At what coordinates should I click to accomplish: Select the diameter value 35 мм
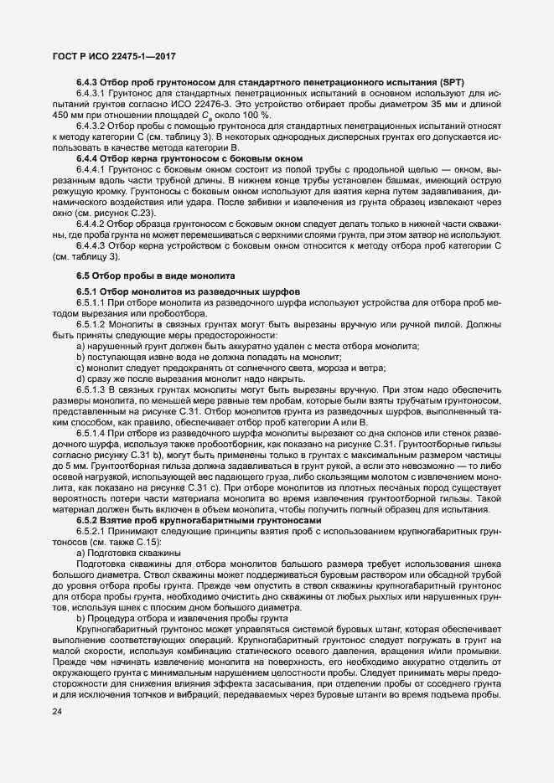[x=416, y=104]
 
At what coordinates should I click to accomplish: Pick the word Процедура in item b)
[x=112, y=616]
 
